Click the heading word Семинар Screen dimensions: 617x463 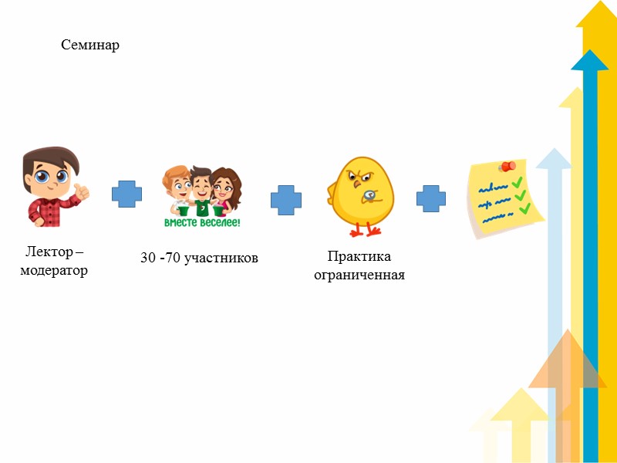pos(90,46)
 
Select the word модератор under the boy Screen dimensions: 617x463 pos(54,271)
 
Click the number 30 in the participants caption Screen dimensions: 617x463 pos(148,258)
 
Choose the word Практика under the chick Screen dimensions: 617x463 pos(359,256)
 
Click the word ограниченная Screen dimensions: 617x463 pos(359,275)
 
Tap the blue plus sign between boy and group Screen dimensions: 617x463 pos(126,194)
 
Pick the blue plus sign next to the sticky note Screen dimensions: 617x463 pos(431,198)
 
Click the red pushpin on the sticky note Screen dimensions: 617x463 pos(506,166)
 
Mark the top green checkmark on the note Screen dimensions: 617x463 pos(518,182)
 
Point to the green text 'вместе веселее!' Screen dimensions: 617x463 pos(202,222)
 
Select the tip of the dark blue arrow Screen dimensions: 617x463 pos(590,56)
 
